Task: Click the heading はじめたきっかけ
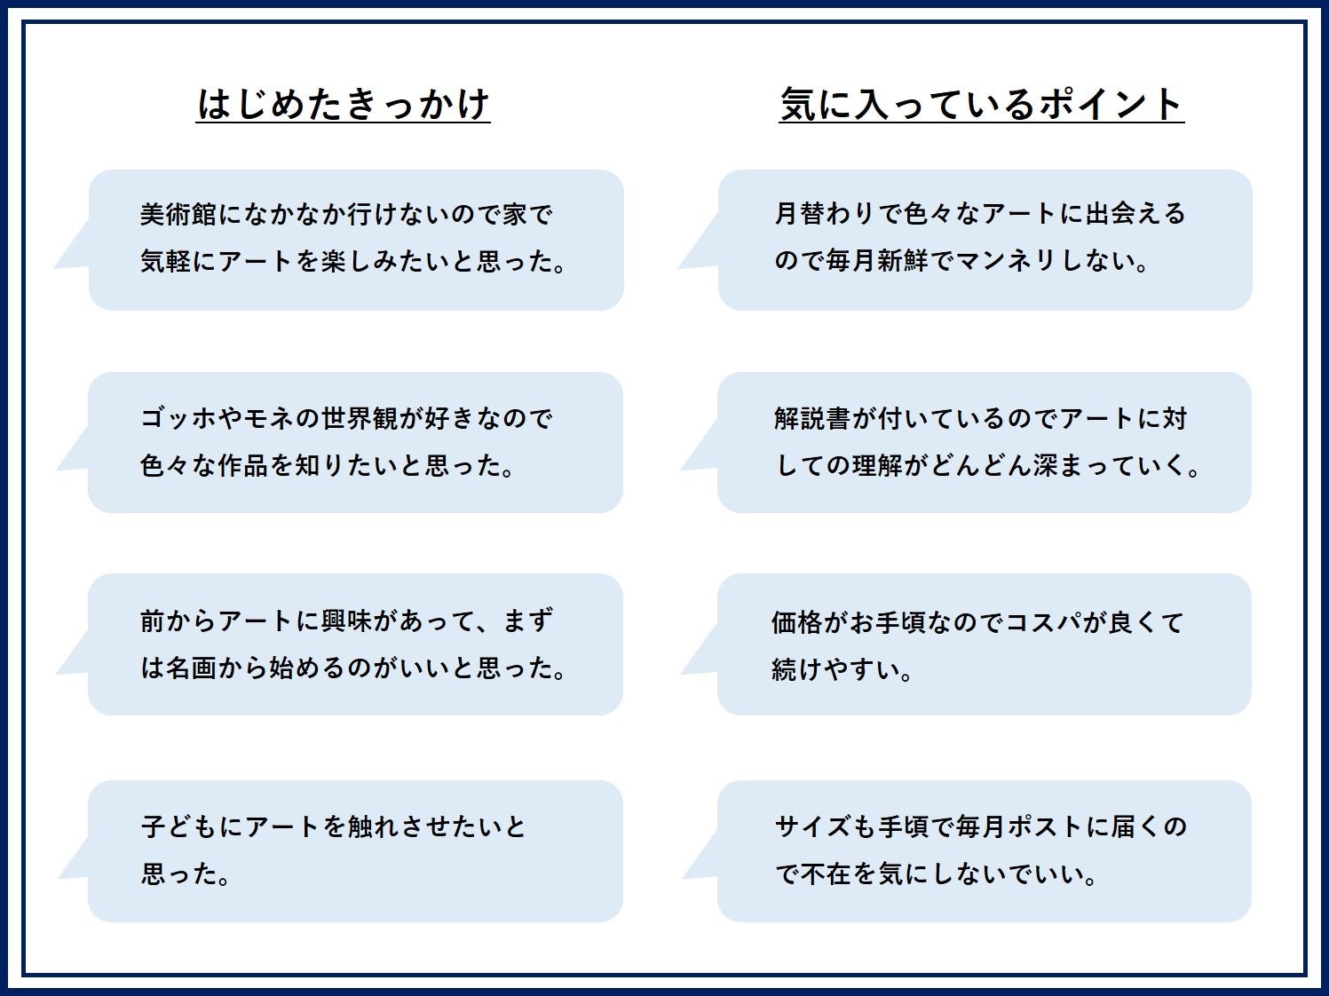tap(343, 105)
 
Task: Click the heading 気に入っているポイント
tap(981, 105)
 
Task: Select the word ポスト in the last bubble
tap(1033, 827)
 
